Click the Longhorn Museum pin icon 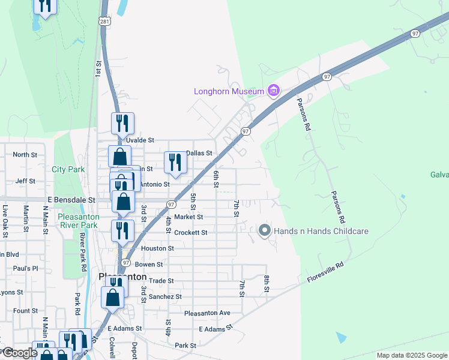click(x=274, y=91)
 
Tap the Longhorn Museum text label click(x=229, y=92)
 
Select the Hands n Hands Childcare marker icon click(x=264, y=230)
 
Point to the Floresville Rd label click(x=324, y=272)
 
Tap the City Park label click(x=68, y=170)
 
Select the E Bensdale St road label click(x=71, y=199)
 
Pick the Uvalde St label click(x=139, y=140)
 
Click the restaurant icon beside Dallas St click(x=175, y=162)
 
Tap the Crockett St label click(x=191, y=232)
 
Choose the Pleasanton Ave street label click(x=207, y=313)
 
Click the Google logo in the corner click(x=20, y=353)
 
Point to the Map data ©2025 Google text click(x=411, y=355)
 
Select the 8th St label click(x=266, y=284)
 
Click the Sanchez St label click(x=165, y=296)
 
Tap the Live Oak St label click(x=5, y=218)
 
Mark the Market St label click(x=188, y=217)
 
